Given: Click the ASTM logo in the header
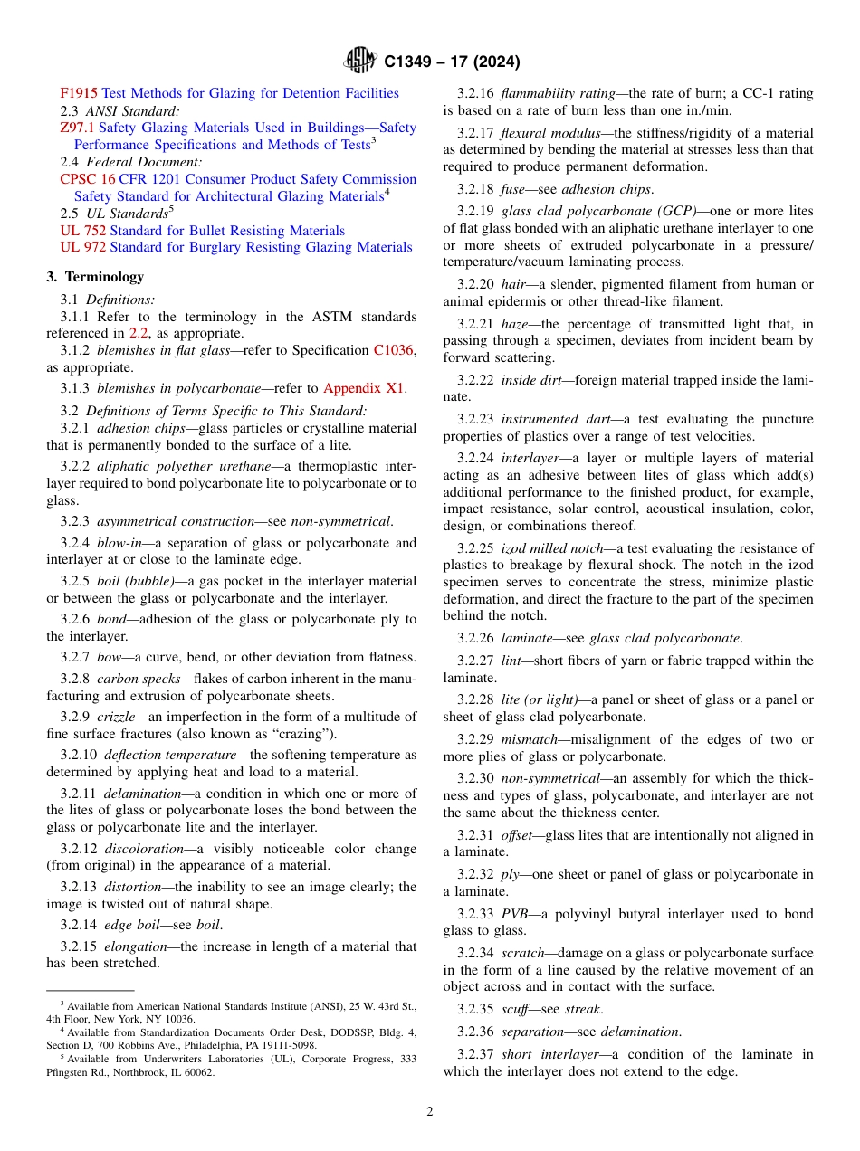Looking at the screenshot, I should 360,62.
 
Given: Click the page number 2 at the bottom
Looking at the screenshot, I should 430,1111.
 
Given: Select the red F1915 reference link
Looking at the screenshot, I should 79,93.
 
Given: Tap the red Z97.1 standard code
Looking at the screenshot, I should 77,128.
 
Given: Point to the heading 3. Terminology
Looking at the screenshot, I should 95,277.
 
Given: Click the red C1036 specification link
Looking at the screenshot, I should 395,350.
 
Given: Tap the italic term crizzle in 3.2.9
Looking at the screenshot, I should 118,717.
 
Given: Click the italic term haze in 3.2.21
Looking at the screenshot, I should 517,324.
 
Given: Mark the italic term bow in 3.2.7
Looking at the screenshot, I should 108,657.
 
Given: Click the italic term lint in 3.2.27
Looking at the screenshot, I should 511,661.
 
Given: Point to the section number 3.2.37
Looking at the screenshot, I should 475,1054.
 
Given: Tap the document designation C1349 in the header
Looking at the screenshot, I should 413,62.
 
